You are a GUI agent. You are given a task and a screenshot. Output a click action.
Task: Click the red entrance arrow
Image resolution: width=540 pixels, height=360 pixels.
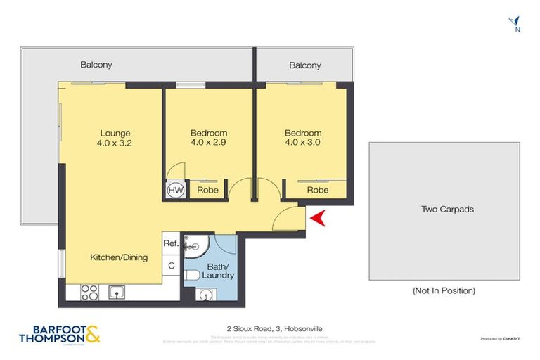click(319, 219)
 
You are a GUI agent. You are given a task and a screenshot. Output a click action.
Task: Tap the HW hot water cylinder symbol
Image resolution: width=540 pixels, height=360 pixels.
click(175, 189)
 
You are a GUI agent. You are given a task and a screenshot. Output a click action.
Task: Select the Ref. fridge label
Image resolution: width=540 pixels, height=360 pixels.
click(171, 243)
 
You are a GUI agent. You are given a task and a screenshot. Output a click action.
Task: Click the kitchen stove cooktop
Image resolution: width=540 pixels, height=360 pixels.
click(90, 290)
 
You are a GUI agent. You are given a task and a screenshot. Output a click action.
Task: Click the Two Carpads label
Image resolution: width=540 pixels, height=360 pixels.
click(447, 209)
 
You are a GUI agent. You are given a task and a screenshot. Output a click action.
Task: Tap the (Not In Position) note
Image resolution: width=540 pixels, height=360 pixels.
click(443, 290)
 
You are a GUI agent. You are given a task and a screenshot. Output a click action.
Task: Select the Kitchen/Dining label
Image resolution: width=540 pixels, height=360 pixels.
click(119, 257)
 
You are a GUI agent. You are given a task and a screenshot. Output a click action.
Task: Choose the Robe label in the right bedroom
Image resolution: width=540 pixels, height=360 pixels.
click(318, 190)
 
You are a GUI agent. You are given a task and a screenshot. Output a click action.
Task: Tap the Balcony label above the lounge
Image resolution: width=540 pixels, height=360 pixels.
click(96, 65)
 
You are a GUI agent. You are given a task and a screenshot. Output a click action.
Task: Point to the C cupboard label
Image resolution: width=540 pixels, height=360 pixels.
click(171, 266)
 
